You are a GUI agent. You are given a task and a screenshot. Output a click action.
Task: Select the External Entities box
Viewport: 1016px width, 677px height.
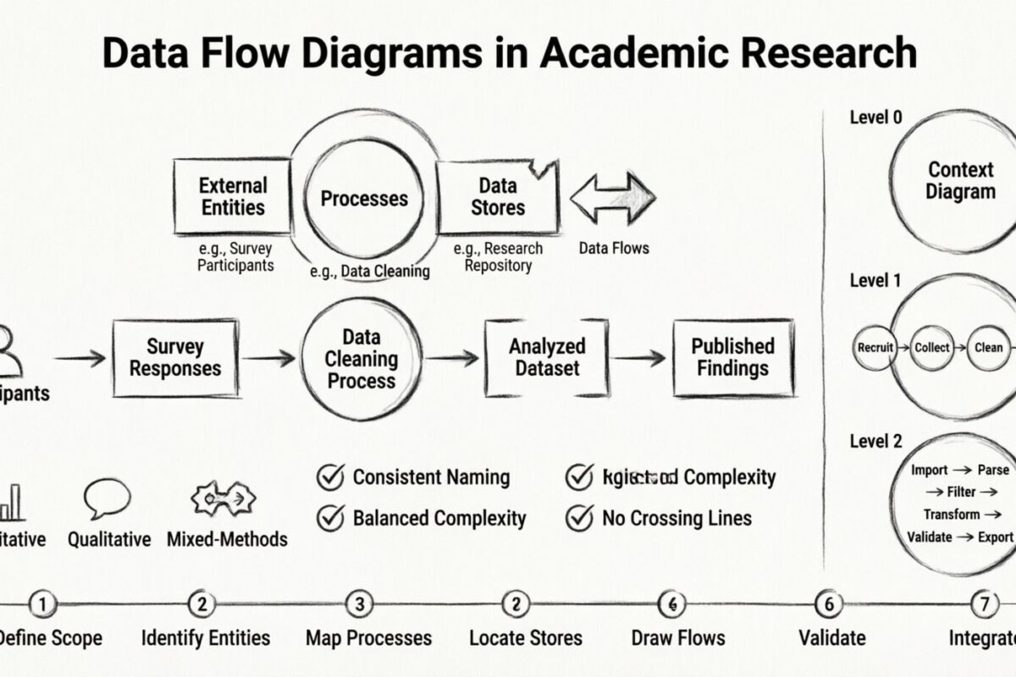click(233, 196)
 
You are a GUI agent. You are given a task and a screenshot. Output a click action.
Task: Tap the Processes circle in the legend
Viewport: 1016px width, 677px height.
click(364, 199)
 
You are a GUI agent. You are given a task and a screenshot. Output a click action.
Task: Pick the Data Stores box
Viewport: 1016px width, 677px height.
click(497, 196)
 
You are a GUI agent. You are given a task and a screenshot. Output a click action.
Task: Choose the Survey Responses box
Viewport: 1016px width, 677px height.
click(175, 357)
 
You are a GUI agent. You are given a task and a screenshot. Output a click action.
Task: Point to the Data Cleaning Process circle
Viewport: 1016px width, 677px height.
click(362, 359)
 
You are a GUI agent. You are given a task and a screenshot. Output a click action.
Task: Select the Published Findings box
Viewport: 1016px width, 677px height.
click(732, 357)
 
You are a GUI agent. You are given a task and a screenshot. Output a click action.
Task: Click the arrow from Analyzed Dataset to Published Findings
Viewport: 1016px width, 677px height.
click(639, 358)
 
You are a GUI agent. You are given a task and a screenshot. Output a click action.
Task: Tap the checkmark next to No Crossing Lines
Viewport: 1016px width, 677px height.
click(578, 517)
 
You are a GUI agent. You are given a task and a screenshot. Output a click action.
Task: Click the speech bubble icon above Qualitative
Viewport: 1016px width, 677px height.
click(108, 498)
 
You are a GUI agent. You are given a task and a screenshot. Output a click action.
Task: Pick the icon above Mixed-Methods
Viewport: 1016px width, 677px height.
click(224, 499)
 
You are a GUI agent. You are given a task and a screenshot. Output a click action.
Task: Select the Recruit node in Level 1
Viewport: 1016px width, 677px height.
click(875, 348)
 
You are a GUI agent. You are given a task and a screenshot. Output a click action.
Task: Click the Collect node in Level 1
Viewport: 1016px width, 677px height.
click(932, 348)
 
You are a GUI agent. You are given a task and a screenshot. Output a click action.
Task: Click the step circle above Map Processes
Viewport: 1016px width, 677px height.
click(360, 604)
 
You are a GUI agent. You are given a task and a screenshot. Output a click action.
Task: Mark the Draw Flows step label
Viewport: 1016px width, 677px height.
click(678, 638)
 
